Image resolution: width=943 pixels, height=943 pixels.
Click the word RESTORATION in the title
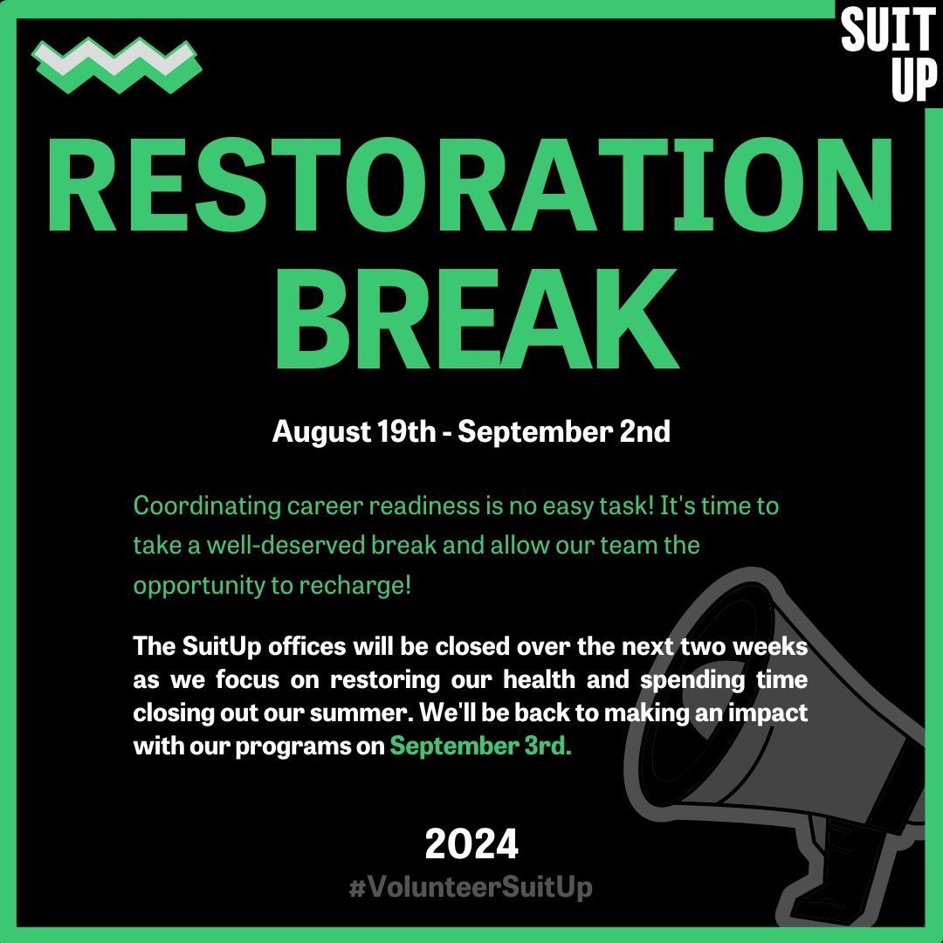click(471, 186)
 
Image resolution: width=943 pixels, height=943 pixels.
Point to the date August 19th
click(354, 431)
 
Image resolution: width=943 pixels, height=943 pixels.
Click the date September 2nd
click(564, 431)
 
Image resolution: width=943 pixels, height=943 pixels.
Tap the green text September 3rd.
click(480, 747)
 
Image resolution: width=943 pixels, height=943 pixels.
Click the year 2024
click(471, 844)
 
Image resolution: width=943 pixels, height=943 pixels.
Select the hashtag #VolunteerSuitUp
click(471, 888)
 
